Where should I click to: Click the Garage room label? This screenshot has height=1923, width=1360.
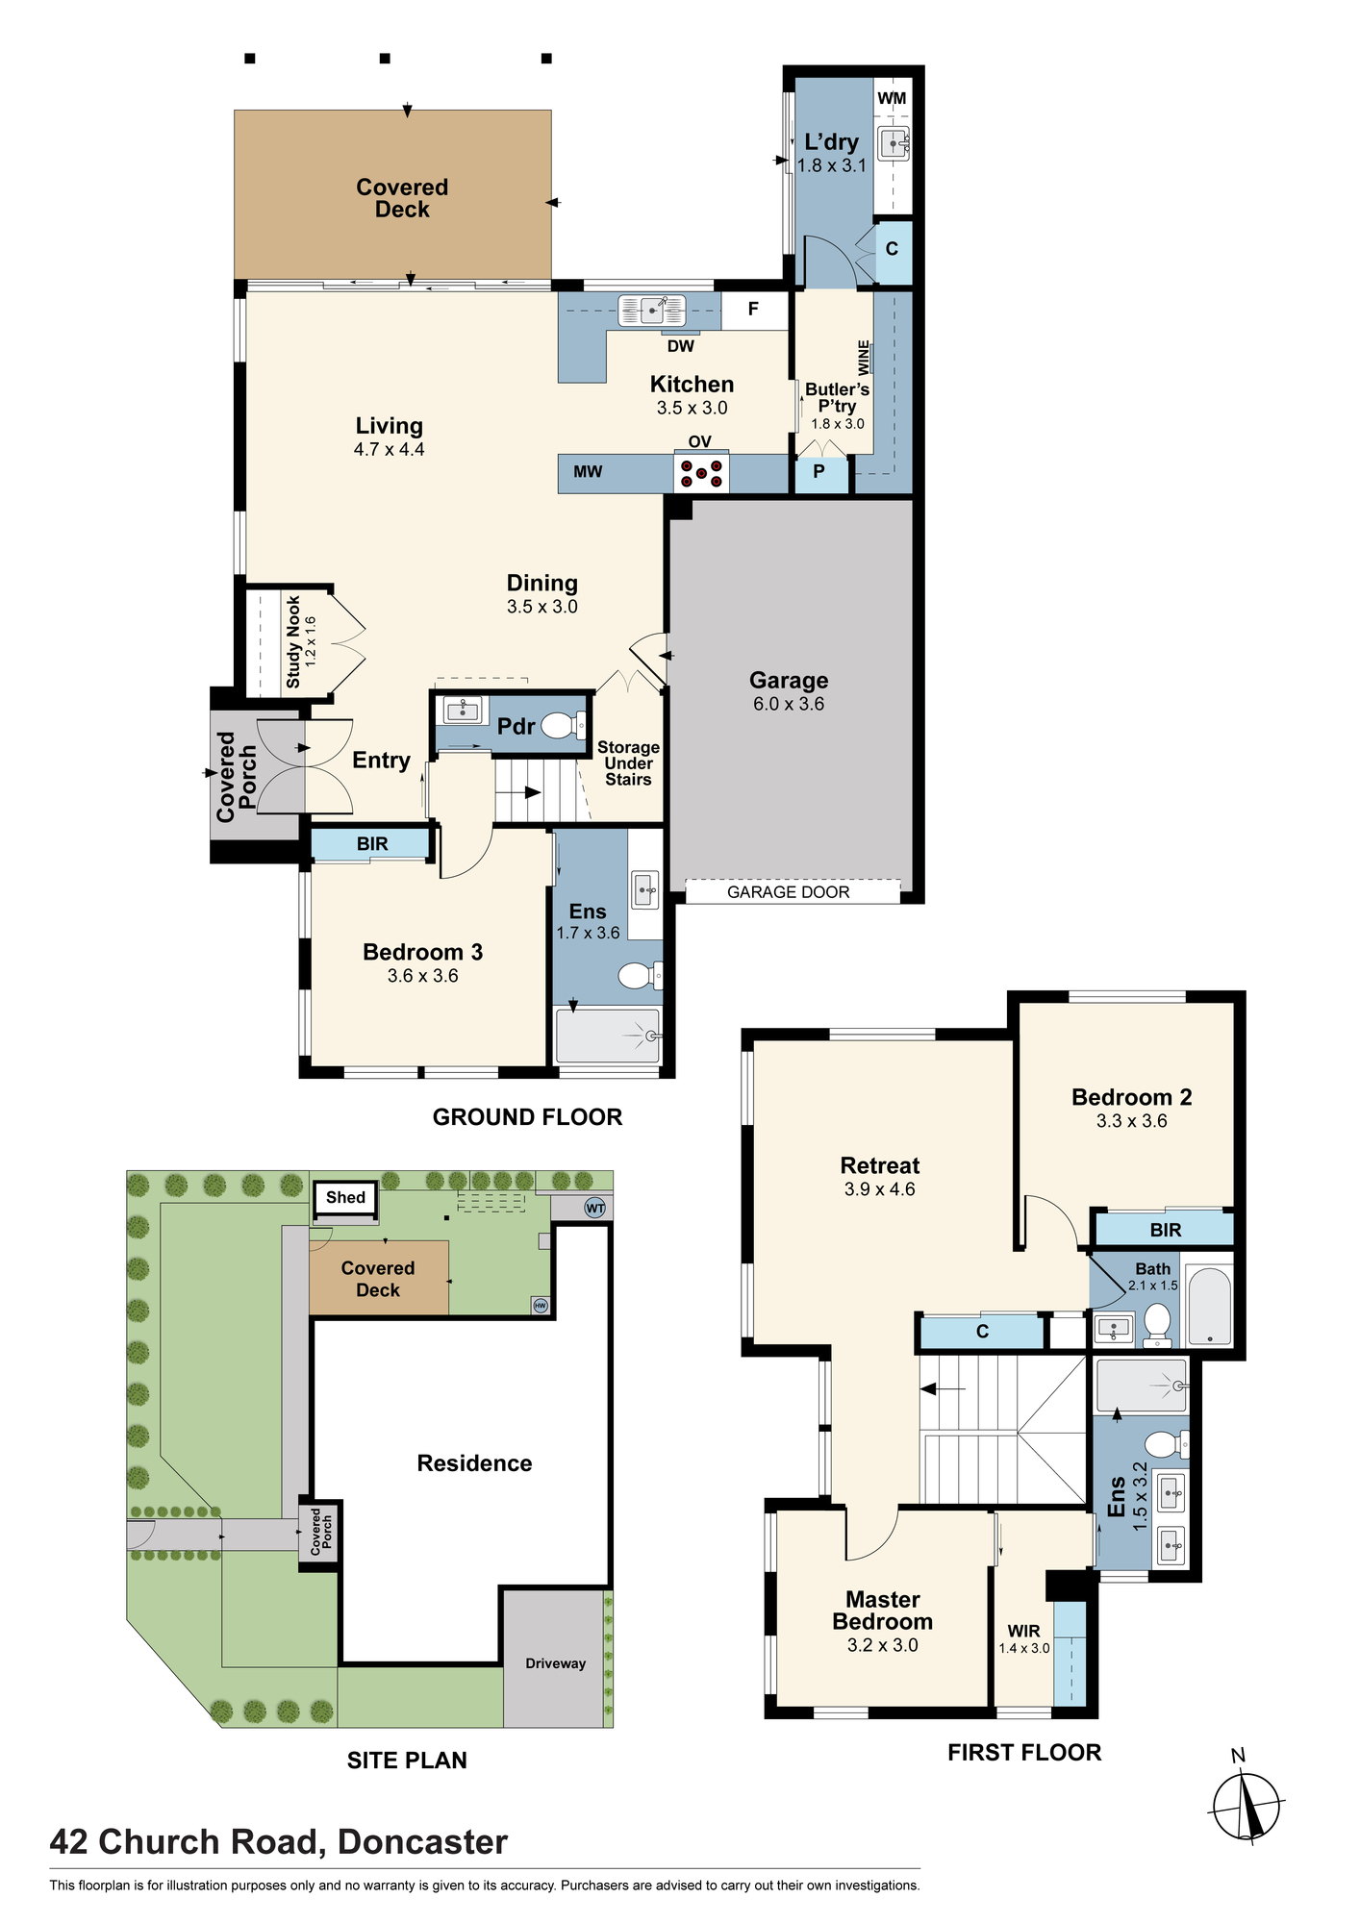point(789,681)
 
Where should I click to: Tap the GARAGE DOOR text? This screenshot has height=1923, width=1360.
point(789,892)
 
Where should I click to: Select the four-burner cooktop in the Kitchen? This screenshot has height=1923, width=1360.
point(701,473)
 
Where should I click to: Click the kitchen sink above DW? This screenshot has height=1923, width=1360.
point(652,310)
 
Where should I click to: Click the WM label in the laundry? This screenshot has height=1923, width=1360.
point(892,98)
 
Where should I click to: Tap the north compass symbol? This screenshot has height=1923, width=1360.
point(1247,1805)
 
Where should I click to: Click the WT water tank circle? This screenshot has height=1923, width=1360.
point(595,1209)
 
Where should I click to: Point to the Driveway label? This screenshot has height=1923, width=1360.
point(556,1663)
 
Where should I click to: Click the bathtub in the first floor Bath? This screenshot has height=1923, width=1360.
point(1209,1305)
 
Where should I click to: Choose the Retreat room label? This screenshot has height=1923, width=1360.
point(880,1165)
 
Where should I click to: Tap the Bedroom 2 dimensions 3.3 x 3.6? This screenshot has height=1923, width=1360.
point(1132,1121)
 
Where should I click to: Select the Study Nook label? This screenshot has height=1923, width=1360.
point(293,641)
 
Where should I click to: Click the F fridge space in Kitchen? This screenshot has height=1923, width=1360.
point(754,310)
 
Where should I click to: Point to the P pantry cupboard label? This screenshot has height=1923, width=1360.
point(819,472)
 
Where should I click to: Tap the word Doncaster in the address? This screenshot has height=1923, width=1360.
point(422,1842)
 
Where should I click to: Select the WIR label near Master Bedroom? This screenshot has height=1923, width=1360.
point(1023,1631)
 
